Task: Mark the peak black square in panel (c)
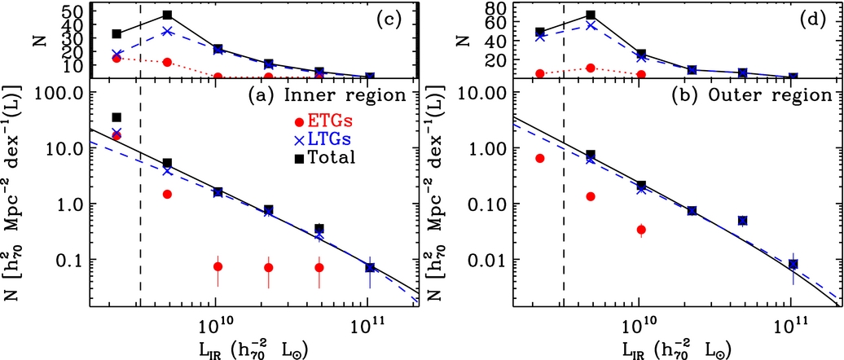point(167,15)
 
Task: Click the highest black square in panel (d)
point(591,15)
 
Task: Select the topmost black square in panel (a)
point(116,117)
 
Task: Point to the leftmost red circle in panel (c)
point(116,58)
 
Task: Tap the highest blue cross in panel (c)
point(167,31)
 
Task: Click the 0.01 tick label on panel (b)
point(488,260)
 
